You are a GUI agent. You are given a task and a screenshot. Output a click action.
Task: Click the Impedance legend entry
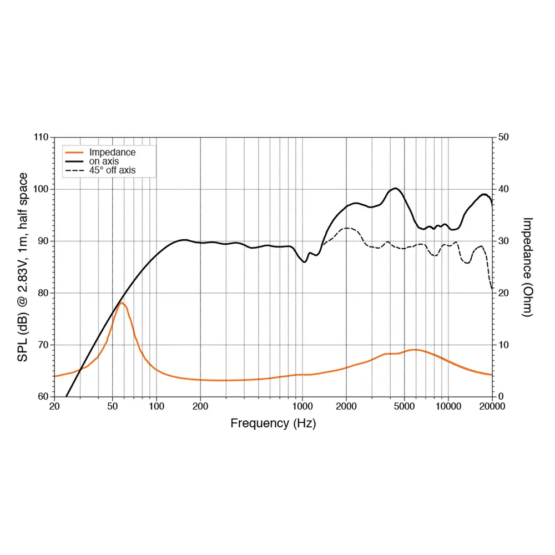click(x=112, y=153)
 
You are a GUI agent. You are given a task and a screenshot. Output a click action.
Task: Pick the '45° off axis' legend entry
click(x=113, y=170)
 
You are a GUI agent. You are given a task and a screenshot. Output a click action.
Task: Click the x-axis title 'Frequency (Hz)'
click(x=273, y=423)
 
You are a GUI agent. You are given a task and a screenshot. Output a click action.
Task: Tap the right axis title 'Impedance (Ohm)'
click(x=527, y=267)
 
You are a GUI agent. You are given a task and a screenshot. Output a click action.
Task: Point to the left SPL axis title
click(x=23, y=267)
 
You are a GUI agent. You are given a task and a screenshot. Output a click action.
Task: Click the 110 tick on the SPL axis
click(x=41, y=137)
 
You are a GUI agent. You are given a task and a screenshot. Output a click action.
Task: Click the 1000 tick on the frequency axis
click(x=302, y=406)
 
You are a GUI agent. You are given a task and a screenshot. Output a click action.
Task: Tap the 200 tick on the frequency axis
click(x=200, y=406)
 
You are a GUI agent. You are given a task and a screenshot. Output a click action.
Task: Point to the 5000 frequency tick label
click(x=404, y=406)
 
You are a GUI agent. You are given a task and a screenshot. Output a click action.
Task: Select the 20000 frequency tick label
click(x=491, y=406)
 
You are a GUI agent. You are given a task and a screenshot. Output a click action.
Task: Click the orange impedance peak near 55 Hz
click(x=121, y=302)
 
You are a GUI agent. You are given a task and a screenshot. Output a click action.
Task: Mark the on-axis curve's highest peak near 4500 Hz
click(x=395, y=188)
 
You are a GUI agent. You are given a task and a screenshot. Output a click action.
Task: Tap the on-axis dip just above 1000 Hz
click(x=304, y=262)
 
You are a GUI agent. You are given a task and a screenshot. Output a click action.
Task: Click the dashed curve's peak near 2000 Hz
click(x=347, y=228)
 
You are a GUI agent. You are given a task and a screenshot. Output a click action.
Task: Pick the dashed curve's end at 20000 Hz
click(x=492, y=289)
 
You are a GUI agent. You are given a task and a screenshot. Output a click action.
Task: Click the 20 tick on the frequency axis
click(x=54, y=406)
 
